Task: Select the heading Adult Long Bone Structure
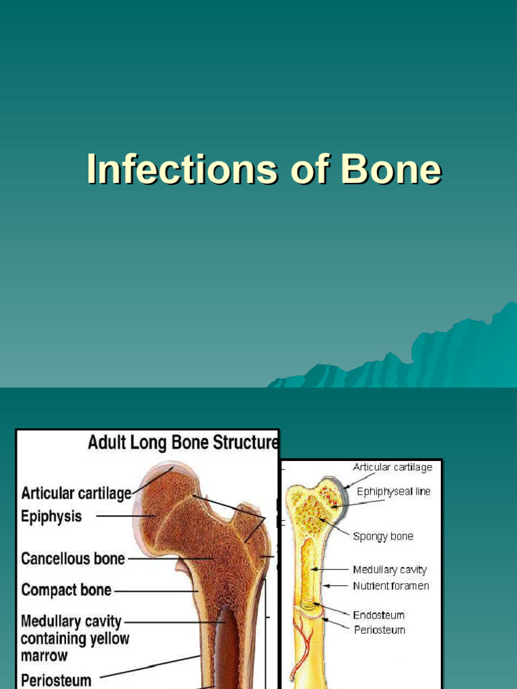pos(183,443)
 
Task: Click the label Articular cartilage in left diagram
pos(76,493)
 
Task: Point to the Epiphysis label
pos(51,516)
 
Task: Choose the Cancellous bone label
pos(73,558)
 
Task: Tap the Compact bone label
pos(66,590)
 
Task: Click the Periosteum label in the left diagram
pos(56,680)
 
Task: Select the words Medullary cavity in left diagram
pos(71,620)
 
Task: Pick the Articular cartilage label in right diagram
pos(392,467)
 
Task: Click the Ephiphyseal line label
pos(393,492)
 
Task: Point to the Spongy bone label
pos(383,536)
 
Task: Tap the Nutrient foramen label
pos(390,585)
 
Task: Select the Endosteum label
pos(379,614)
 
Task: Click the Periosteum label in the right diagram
pos(379,630)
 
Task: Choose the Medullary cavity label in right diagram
pos(390,570)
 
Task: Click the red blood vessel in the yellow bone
pos(300,646)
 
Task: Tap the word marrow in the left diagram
pos(44,655)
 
